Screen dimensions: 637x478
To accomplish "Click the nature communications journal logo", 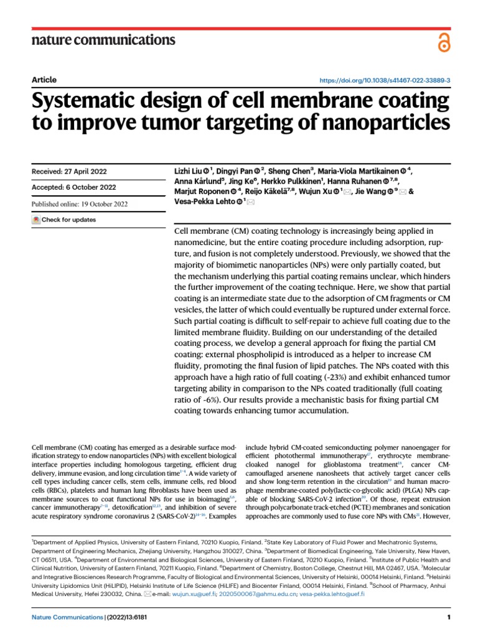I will point(103,40).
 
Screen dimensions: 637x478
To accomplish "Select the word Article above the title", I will point(44,80).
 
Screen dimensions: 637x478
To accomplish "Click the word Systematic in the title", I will point(87,102).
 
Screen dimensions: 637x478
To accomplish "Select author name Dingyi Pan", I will point(239,154).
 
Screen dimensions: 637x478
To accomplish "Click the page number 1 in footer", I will point(448,617).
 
